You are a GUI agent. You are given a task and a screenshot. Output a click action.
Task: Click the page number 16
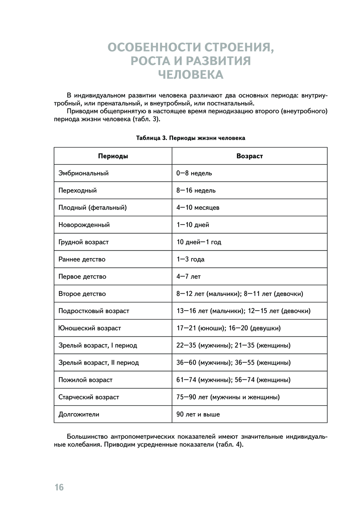(59, 487)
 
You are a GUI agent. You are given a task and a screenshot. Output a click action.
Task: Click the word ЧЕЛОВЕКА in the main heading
(191, 75)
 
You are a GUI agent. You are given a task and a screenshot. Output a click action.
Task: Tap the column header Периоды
(113, 156)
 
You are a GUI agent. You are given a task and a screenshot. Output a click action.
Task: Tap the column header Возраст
(249, 156)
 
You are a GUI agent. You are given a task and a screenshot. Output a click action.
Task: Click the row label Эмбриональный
(84, 173)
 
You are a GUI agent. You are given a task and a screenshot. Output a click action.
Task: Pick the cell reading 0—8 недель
(194, 173)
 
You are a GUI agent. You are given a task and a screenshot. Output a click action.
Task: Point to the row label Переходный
(77, 190)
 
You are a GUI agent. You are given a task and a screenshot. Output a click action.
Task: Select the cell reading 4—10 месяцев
(198, 208)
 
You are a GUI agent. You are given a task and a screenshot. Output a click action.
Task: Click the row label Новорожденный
(84, 225)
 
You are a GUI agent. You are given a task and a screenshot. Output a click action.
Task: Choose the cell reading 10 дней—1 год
(199, 242)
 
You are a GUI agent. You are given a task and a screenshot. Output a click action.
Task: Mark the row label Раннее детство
(82, 260)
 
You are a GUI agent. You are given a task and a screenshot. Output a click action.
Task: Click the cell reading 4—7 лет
(188, 277)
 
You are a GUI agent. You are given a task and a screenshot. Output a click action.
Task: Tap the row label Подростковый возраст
(94, 311)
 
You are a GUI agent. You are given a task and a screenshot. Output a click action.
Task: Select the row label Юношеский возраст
(90, 328)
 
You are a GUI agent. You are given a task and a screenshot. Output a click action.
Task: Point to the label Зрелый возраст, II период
(98, 363)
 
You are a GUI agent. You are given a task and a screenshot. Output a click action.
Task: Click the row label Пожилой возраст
(85, 380)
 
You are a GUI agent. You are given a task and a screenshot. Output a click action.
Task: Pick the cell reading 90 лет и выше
(198, 415)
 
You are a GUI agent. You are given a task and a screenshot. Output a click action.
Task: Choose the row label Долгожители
(78, 415)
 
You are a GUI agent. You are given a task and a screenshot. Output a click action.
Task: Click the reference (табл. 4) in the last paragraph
(230, 444)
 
